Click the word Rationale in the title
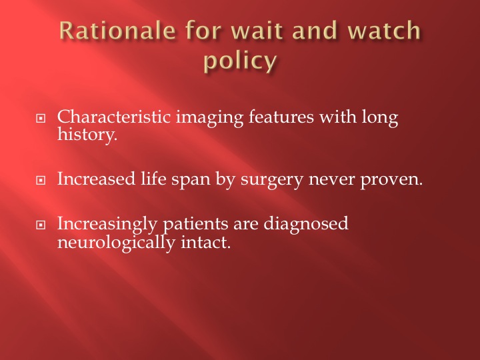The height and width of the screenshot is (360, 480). (117, 31)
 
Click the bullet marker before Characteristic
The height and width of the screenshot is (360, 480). (41, 118)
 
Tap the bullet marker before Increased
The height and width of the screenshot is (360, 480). (41, 180)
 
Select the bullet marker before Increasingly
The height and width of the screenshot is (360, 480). (41, 225)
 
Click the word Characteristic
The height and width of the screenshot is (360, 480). (114, 117)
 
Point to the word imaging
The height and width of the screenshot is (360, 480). (209, 119)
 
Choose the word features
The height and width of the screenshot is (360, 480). (281, 117)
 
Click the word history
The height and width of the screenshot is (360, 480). (87, 135)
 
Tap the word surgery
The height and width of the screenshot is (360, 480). (272, 180)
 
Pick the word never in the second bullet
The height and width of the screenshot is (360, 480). (332, 181)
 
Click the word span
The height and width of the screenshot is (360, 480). (191, 181)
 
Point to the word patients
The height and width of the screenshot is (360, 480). (195, 225)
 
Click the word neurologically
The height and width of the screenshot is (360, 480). (116, 243)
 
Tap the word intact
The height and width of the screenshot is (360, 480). (206, 242)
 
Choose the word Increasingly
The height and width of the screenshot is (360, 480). (107, 225)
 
